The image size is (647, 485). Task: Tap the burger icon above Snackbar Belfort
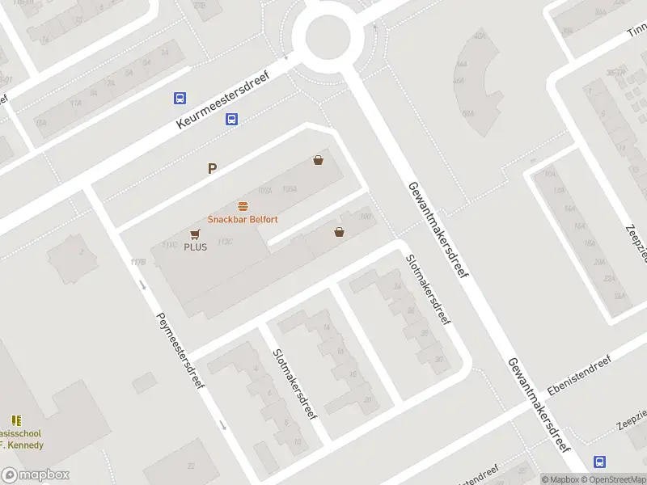[x=242, y=206]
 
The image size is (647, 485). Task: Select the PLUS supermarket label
[x=195, y=247]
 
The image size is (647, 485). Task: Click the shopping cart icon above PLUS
[x=195, y=234]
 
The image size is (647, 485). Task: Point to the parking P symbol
[x=213, y=169]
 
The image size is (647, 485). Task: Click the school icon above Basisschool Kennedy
[x=16, y=420]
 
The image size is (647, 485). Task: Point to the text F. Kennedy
[x=23, y=445]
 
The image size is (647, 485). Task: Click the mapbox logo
[x=35, y=475]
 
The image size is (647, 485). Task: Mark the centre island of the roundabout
[x=327, y=35]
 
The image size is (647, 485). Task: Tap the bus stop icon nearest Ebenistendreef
[x=599, y=462]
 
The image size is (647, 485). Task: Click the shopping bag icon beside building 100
[x=339, y=233]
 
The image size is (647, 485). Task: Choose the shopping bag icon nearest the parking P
[x=319, y=160]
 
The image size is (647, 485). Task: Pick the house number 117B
[x=137, y=262]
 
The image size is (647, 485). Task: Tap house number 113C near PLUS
[x=225, y=241]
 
